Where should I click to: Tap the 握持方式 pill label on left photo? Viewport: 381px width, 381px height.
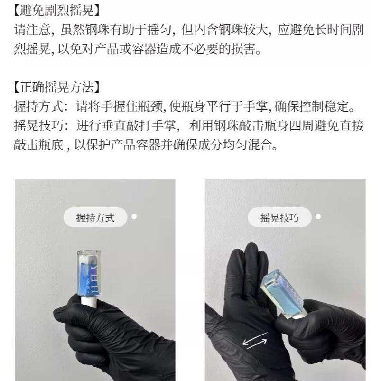point(95,218)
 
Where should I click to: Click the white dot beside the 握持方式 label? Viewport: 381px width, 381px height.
point(134,217)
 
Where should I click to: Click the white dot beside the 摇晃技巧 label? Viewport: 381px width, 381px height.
point(318,217)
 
